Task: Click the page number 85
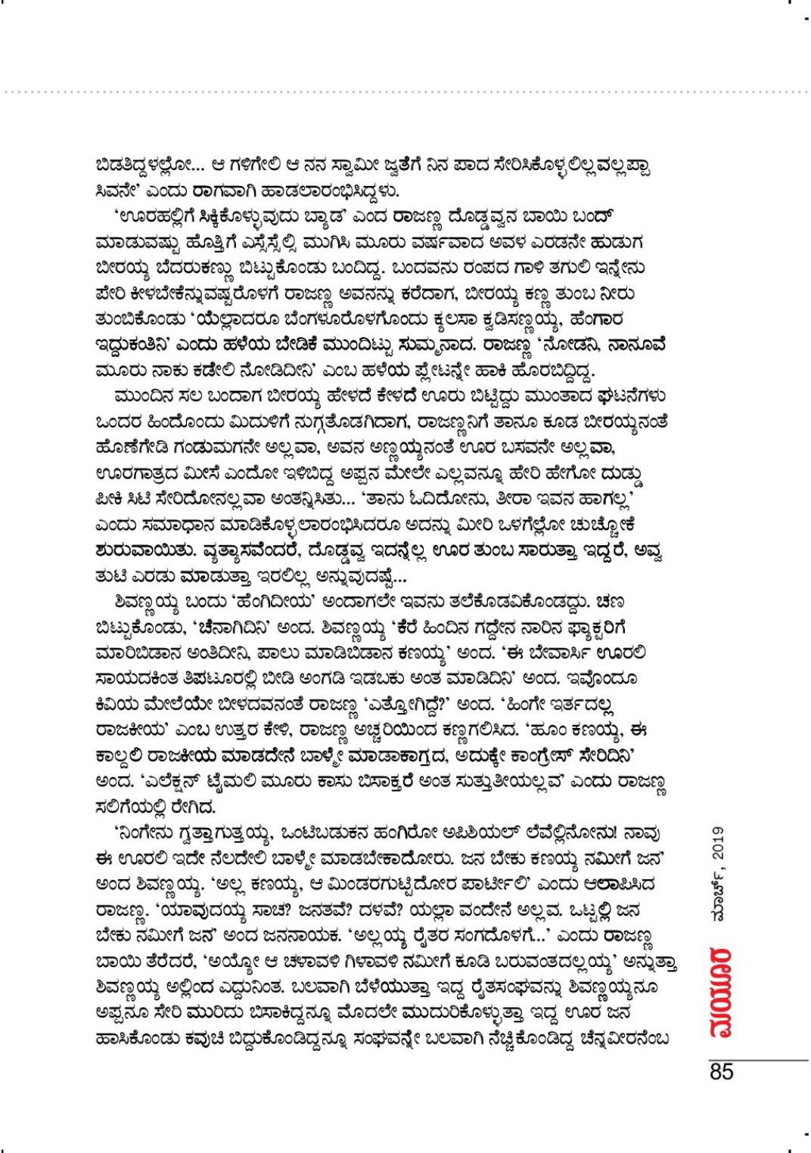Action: pyautogui.click(x=722, y=1072)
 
